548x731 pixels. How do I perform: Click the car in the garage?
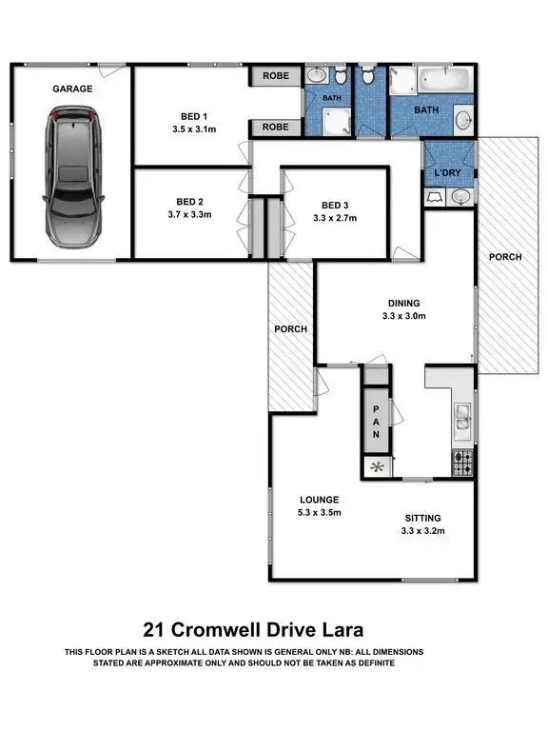click(x=72, y=175)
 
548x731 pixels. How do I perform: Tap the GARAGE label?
click(x=72, y=89)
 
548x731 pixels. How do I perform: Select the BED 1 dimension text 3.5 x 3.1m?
click(x=190, y=128)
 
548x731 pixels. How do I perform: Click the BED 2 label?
click(x=190, y=202)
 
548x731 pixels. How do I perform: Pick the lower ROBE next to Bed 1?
click(x=275, y=127)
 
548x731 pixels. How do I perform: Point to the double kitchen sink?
click(x=462, y=419)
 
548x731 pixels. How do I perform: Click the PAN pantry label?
click(x=376, y=420)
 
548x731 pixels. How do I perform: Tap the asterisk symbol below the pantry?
click(x=376, y=466)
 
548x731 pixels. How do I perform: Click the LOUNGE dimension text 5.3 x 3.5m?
click(x=320, y=512)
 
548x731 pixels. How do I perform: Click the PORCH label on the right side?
click(x=503, y=258)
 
